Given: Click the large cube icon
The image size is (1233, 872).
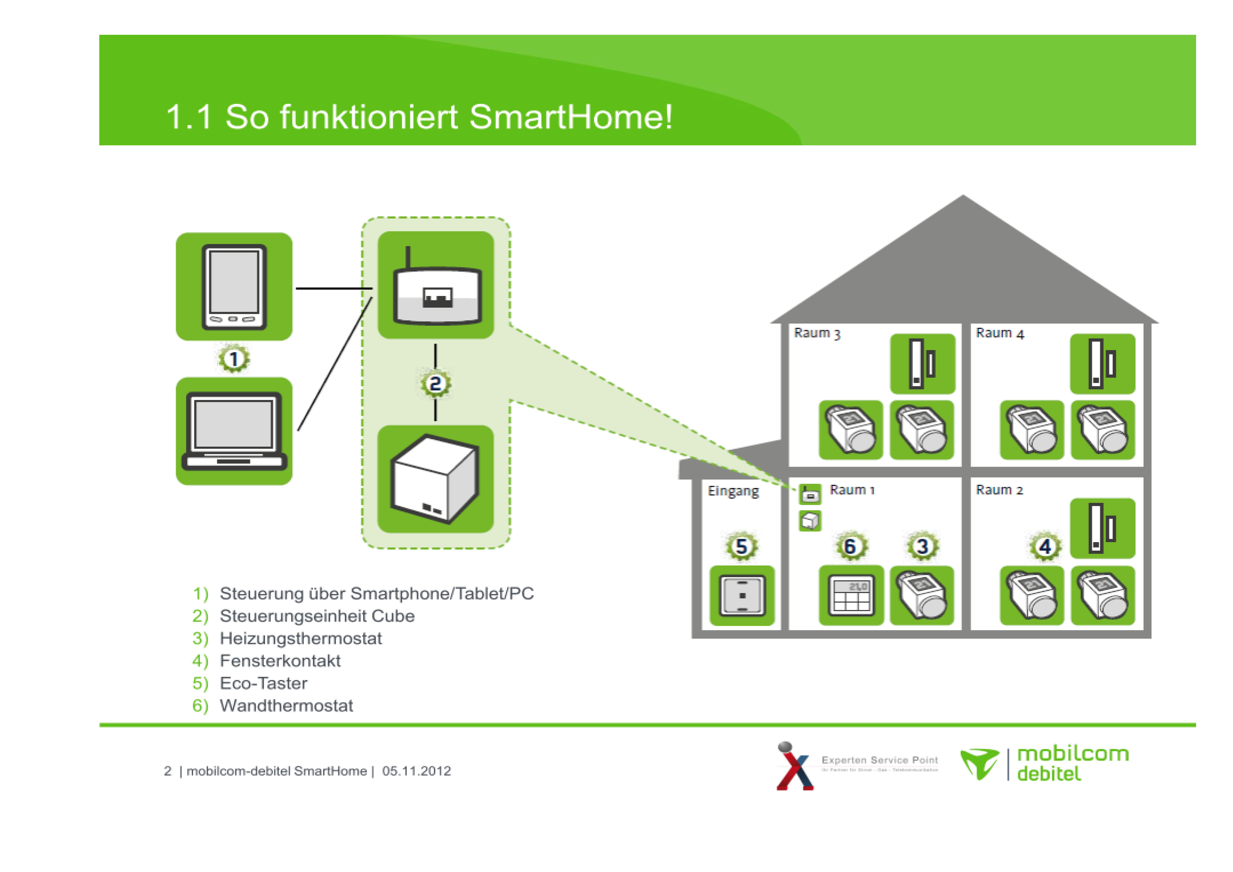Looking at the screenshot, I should [435, 479].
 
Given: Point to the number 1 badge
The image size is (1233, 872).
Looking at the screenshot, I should [234, 359].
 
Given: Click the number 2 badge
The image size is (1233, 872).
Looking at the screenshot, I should [435, 384].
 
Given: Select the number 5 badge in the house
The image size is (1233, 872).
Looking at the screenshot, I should [742, 546].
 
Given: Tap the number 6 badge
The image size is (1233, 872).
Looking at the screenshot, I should [851, 546].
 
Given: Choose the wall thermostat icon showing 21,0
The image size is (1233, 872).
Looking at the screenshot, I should [851, 595].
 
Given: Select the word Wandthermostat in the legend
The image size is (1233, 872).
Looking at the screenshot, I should [286, 705].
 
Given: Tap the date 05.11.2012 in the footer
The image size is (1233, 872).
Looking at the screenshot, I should [416, 771].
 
